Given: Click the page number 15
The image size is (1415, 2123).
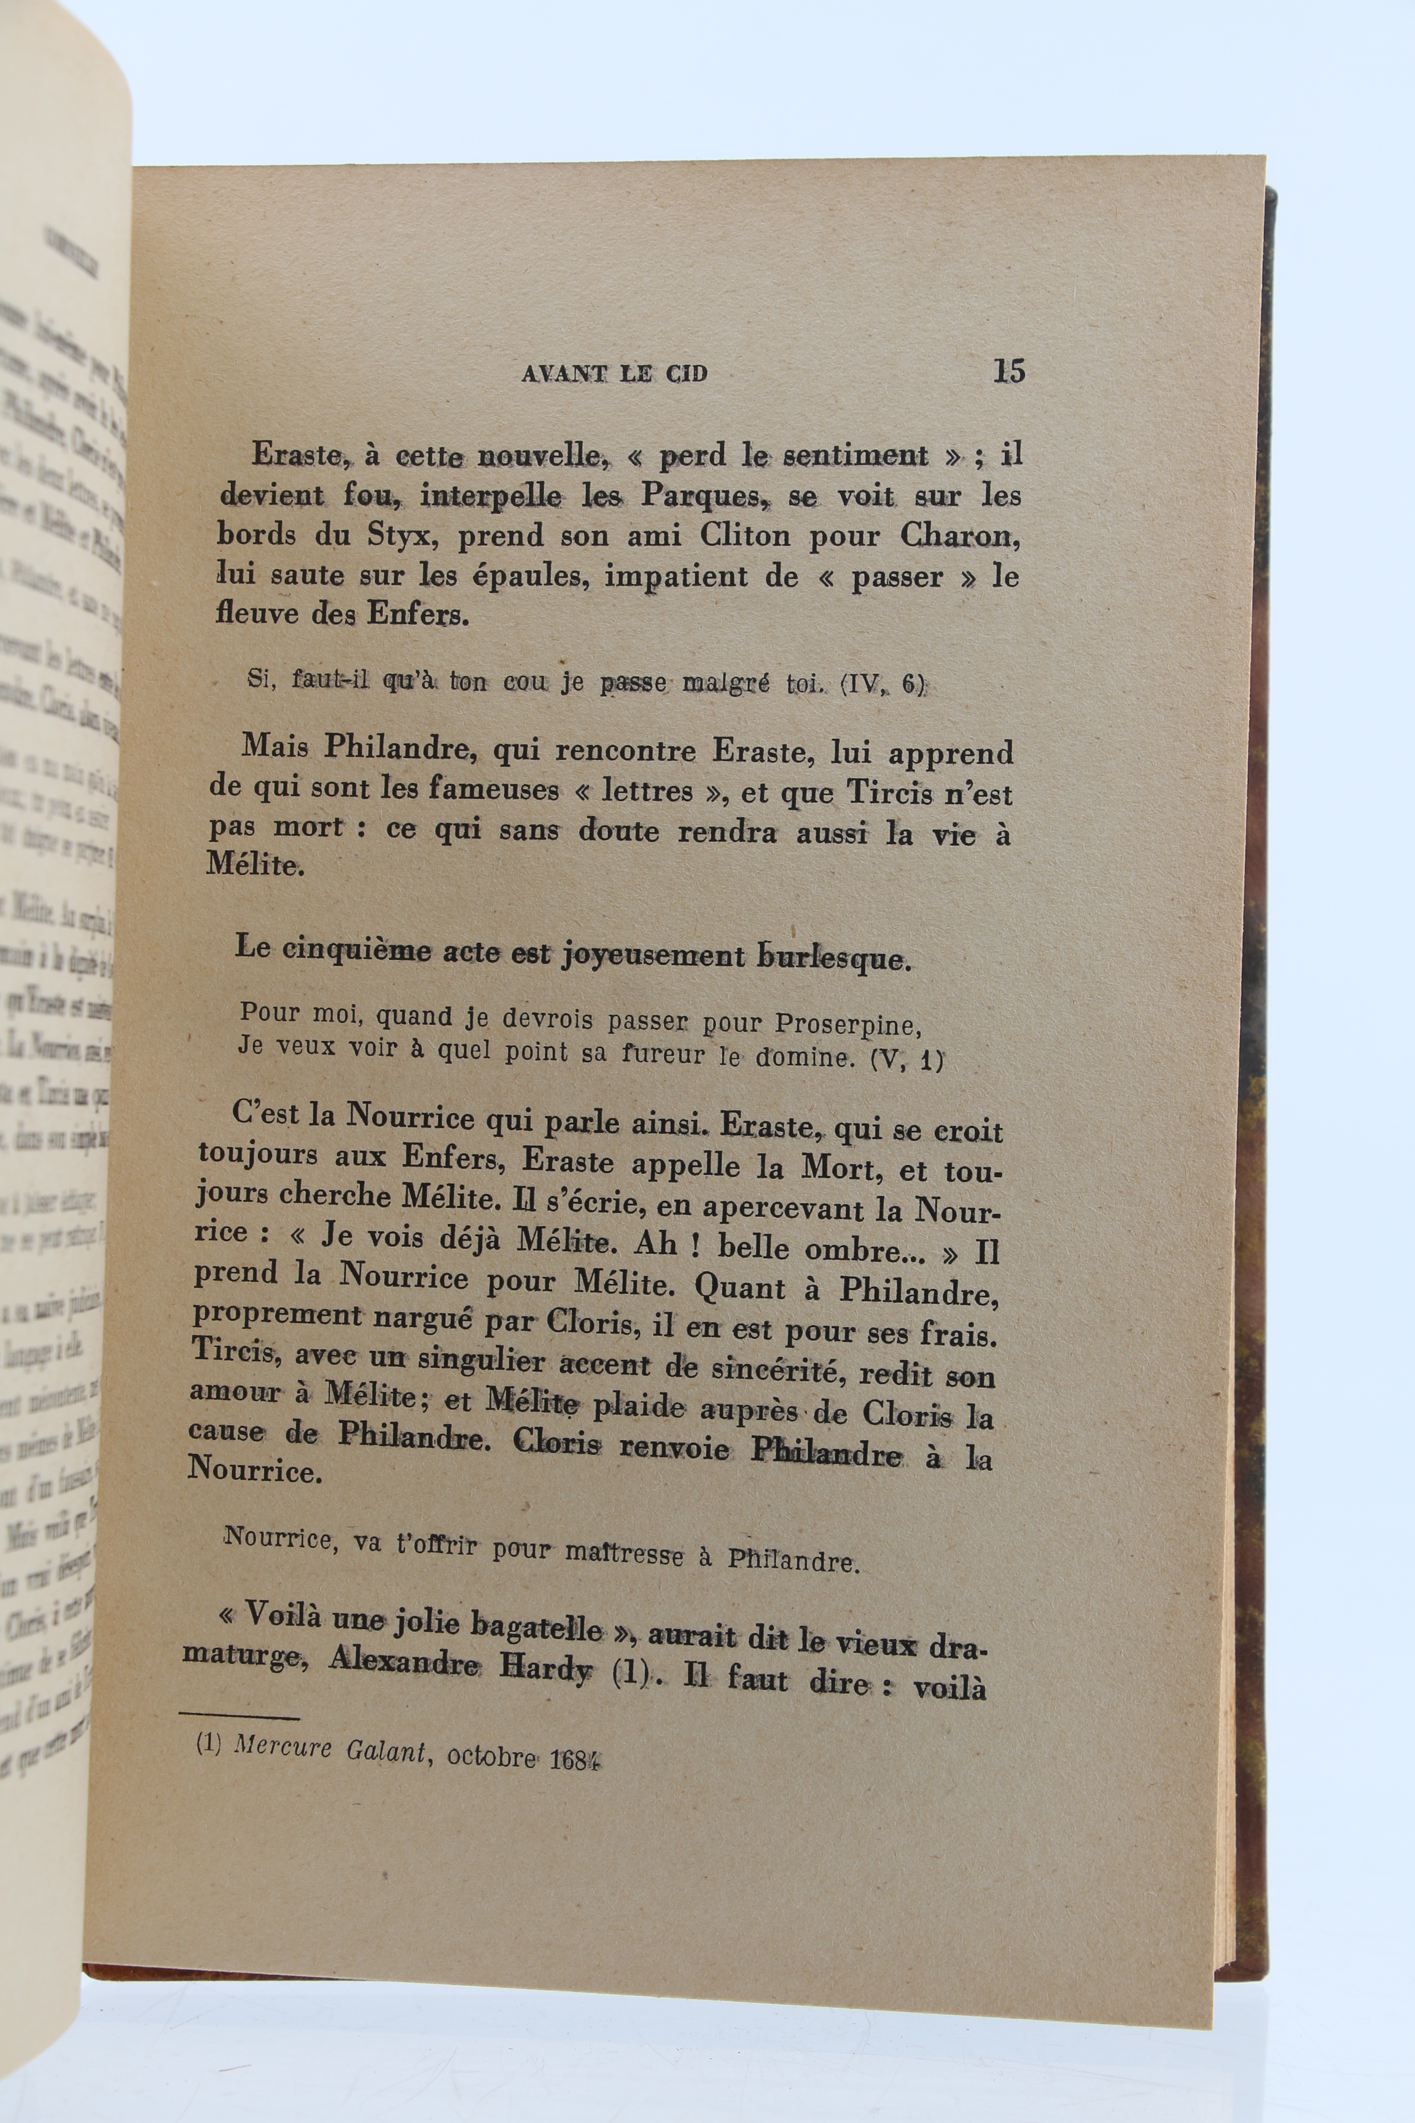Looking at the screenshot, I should pos(1009,371).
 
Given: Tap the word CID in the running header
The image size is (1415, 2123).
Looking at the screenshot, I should pos(685,373).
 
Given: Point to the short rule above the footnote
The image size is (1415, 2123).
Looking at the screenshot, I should pos(238,1717).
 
